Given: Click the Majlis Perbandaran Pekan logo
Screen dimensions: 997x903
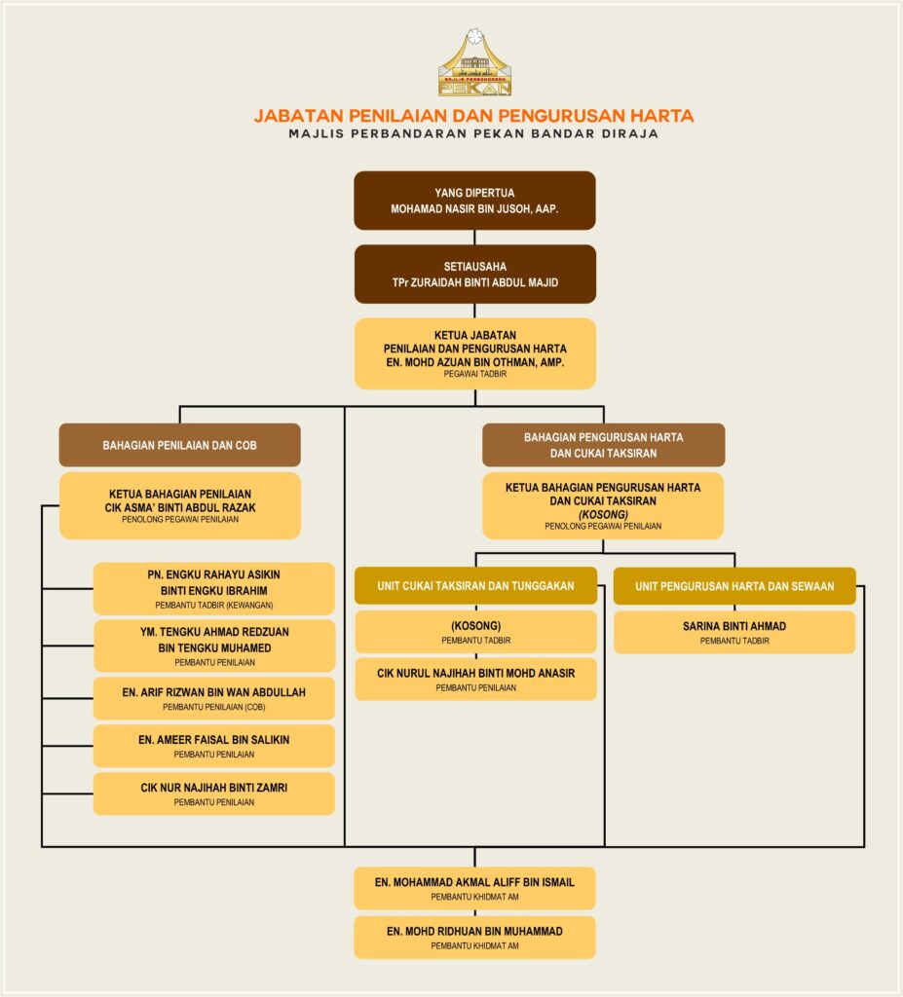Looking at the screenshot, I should [x=474, y=64].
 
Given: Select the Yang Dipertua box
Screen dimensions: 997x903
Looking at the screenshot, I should [x=474, y=201].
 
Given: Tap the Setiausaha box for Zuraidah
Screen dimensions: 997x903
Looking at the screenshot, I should [x=474, y=274].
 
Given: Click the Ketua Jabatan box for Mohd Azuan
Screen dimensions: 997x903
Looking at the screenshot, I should [x=474, y=353].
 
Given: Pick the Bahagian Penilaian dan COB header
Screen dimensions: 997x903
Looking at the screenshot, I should [x=179, y=445].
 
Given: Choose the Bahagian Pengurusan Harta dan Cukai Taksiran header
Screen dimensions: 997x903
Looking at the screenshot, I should [x=603, y=445].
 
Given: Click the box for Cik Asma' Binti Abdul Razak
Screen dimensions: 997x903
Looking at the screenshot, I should [x=179, y=505].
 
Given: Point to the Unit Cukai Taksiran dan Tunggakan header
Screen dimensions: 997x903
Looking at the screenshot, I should [x=475, y=586].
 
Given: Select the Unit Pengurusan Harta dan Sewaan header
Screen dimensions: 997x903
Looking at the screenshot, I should [x=734, y=586].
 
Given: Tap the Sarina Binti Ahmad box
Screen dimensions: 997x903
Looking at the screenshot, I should [x=734, y=632].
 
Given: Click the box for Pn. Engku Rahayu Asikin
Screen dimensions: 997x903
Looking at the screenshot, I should [x=214, y=588].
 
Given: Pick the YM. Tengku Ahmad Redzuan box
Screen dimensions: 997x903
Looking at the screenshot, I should [x=214, y=646].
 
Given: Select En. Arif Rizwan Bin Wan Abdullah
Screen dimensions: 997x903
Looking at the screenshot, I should [x=214, y=698].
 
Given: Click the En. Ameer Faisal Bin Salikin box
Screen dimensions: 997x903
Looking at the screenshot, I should [x=214, y=746].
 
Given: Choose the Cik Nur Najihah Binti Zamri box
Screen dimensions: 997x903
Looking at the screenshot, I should [x=214, y=794].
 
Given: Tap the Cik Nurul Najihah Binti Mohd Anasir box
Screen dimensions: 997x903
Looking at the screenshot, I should [x=475, y=679].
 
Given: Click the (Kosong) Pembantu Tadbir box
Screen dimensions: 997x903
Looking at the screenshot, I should [x=475, y=632].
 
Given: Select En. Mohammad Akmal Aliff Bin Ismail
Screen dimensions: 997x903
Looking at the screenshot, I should [x=474, y=888].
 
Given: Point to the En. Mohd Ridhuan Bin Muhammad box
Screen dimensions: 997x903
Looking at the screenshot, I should [x=474, y=937].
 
